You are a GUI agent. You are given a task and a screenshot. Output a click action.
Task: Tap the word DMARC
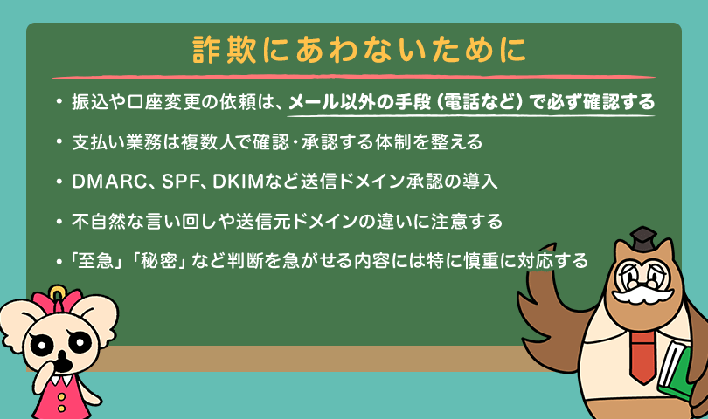click(x=108, y=182)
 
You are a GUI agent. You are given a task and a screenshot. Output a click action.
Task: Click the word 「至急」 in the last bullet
click(x=96, y=261)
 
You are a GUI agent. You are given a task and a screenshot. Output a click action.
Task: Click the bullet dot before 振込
click(x=59, y=102)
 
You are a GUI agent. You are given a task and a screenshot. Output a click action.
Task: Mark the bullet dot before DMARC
click(x=59, y=182)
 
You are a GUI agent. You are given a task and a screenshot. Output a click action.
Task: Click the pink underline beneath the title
click(x=353, y=77)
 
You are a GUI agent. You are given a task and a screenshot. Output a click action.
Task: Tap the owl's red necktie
click(x=642, y=356)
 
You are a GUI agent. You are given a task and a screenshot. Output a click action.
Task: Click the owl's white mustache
click(x=642, y=293)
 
